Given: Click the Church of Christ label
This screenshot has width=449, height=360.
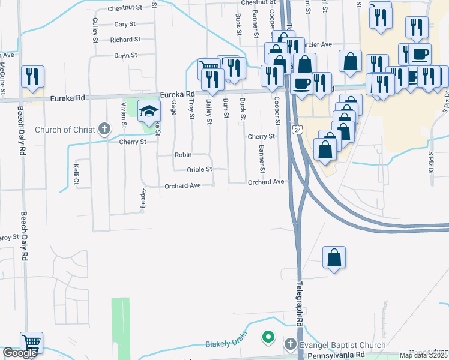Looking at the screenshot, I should tap(65, 130).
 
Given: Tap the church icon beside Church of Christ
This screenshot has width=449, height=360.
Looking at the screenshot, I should tap(104, 128).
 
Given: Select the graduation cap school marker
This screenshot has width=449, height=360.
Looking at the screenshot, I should tap(148, 110).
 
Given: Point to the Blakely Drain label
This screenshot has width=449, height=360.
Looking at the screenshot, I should tap(226, 344).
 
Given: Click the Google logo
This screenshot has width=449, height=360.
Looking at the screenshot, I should tap(20, 353).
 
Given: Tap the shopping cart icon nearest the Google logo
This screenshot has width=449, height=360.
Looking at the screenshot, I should tap(31, 343).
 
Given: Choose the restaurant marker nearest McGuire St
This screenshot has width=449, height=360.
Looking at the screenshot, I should tap(32, 77).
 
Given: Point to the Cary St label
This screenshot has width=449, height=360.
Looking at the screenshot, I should tap(125, 25).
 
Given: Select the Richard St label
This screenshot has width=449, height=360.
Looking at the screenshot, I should tap(125, 40).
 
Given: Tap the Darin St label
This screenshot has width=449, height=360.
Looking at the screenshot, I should tap(126, 55).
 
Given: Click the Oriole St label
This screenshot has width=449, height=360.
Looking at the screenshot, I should tap(200, 169).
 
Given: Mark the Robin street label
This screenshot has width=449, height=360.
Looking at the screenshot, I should tap(183, 155).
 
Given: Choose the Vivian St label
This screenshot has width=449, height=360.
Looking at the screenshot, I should tap(124, 113).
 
